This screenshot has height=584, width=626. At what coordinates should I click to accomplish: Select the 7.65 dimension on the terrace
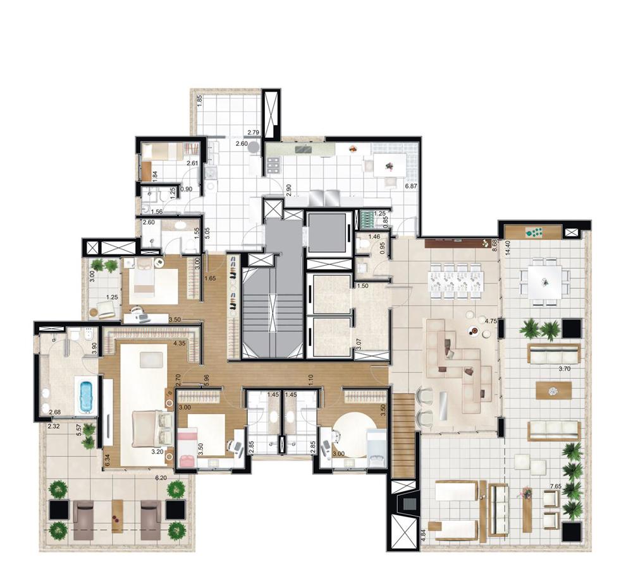[x=556, y=486]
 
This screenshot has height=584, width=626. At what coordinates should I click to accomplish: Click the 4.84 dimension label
[x=422, y=538]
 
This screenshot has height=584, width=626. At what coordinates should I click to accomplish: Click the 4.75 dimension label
[x=491, y=321]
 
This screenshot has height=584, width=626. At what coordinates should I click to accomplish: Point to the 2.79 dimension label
[x=254, y=133]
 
